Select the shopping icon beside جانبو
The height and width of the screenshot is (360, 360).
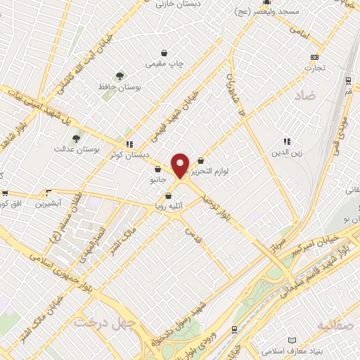point(157,169)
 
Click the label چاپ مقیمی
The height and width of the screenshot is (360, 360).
point(165,63)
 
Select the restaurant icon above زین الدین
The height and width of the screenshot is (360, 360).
point(286,141)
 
